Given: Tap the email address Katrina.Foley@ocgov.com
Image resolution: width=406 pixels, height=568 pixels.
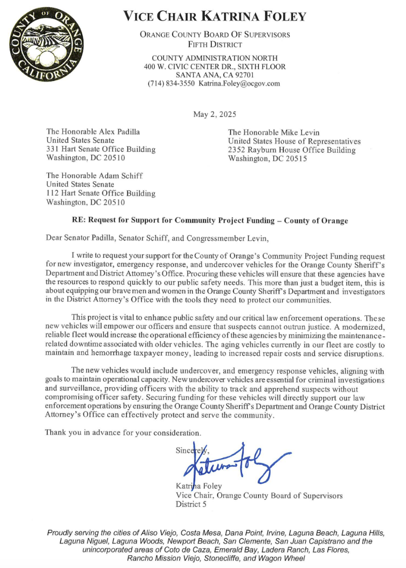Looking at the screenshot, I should [x=239, y=84].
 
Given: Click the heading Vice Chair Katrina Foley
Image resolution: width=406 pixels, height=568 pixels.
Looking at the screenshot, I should [x=215, y=17].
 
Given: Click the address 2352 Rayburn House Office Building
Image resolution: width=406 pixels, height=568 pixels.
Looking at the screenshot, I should [x=292, y=150].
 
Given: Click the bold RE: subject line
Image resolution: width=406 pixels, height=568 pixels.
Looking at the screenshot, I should [x=210, y=220].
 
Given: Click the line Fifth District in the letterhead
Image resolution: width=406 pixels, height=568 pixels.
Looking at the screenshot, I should [x=215, y=45].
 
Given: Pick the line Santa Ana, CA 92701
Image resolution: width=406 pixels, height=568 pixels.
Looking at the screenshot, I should [x=215, y=75].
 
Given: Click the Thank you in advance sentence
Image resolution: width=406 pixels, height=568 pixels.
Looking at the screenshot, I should [x=123, y=432].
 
